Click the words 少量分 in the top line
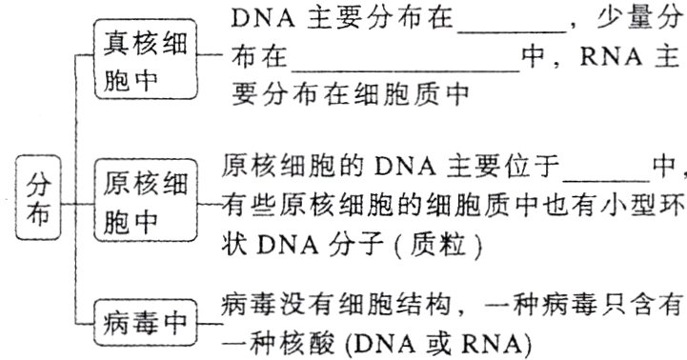pos(643,21)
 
